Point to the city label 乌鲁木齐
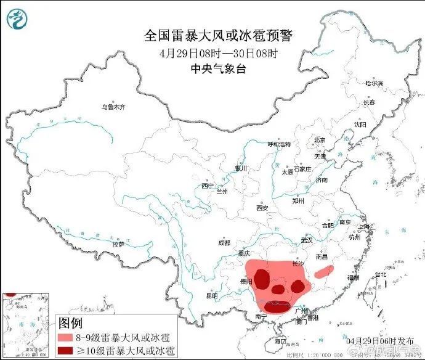(x=113, y=107)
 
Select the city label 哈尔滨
(x=373, y=83)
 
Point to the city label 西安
(x=262, y=208)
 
